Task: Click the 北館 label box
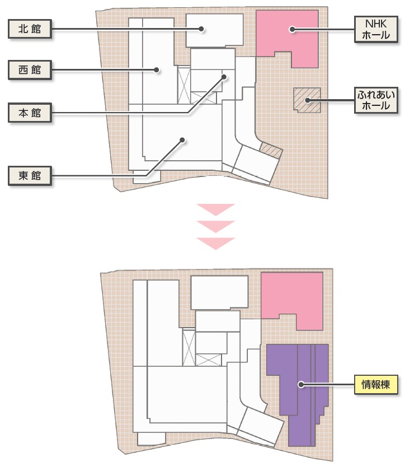coord(30,29)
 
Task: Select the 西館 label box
coord(30,70)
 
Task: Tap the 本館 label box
coord(30,113)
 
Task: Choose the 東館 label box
coord(30,176)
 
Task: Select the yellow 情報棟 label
coord(375,384)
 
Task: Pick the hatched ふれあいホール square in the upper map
coord(307,100)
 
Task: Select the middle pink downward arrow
coord(215,226)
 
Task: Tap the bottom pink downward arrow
coord(215,243)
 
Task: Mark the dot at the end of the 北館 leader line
coord(202,29)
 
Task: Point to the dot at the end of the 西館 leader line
coord(158,70)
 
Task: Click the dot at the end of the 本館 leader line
coord(223,77)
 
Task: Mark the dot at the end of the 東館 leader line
coord(182,140)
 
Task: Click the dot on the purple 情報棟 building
coord(301,384)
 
